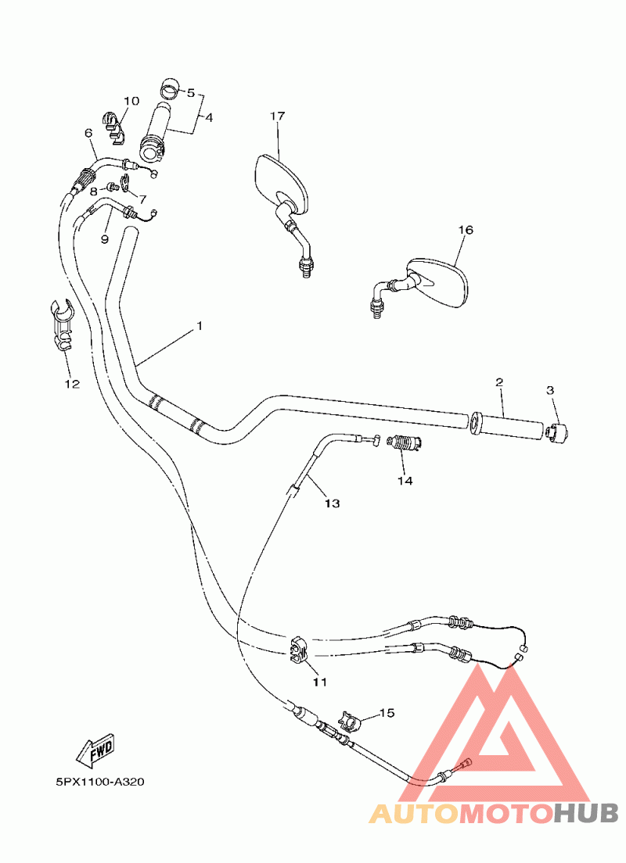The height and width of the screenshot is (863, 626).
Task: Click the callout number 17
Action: [278, 116]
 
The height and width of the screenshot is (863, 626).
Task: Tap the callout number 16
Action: [466, 231]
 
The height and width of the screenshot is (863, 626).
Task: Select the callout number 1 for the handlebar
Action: [199, 325]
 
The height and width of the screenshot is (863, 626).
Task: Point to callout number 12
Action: [72, 384]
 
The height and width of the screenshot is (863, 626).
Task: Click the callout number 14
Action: [404, 482]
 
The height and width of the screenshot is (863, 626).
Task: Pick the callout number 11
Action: [318, 682]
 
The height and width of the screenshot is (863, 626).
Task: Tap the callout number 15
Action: [387, 713]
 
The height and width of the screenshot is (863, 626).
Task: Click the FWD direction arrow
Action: [95, 751]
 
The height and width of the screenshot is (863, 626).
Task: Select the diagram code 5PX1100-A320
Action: [100, 782]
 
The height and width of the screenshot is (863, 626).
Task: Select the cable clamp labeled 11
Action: [298, 650]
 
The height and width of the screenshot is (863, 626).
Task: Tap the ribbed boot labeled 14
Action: [405, 444]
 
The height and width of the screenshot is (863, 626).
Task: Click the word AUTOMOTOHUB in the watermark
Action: [493, 813]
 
